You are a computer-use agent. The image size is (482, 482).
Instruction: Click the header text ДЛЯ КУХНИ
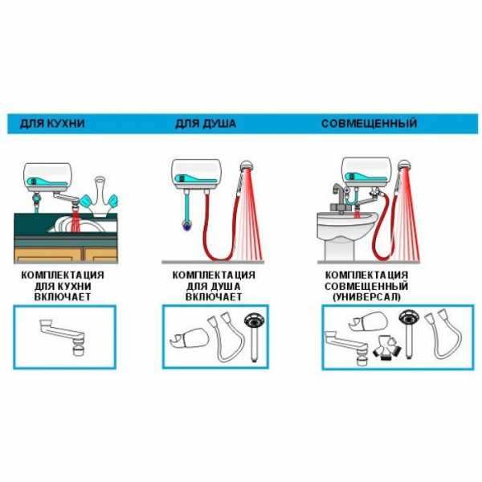(52, 124)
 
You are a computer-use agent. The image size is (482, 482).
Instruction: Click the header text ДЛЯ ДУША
(206, 124)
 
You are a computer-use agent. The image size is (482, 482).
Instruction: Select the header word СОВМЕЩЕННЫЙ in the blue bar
(370, 124)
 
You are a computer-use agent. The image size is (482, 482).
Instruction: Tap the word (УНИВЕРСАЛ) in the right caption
(367, 297)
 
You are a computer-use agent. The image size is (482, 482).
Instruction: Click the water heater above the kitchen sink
(47, 177)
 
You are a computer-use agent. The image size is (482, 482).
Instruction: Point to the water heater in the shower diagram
(196, 174)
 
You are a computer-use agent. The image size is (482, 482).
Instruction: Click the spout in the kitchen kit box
(63, 336)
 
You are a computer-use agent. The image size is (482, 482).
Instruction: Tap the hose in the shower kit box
(226, 338)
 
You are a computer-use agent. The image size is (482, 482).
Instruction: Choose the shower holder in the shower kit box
(189, 338)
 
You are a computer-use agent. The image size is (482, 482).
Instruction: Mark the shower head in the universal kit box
(409, 333)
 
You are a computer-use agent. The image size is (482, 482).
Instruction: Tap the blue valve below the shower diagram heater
(186, 225)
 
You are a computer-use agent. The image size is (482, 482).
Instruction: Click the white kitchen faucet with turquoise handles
(99, 197)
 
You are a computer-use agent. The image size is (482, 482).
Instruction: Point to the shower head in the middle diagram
(248, 166)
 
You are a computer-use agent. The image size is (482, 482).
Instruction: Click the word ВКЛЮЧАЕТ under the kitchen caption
(63, 297)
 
